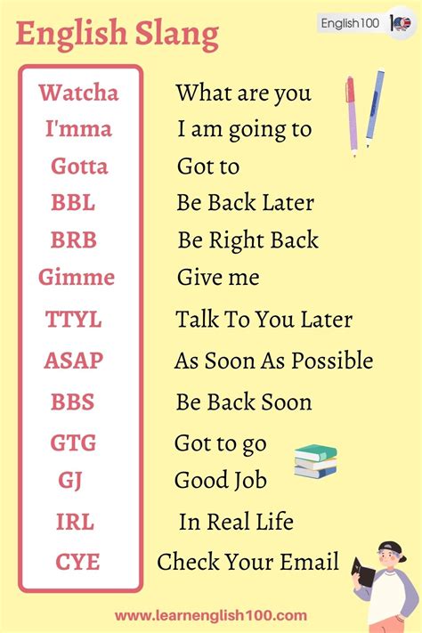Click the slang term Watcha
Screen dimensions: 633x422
[78, 92]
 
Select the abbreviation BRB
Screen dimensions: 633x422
[74, 240]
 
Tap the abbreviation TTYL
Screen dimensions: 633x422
[74, 320]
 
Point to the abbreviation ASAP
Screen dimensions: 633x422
[74, 361]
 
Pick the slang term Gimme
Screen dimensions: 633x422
[77, 278]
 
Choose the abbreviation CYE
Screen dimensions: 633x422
[77, 562]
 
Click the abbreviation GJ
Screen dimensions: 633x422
[70, 481]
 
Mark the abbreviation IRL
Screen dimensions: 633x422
[76, 522]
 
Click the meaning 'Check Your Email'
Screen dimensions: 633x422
[248, 562]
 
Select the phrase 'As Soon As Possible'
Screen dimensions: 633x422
[273, 361]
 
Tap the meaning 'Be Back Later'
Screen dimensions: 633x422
[245, 203]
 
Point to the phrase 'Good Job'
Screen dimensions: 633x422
[220, 481]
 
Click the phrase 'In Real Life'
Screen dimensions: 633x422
[236, 522]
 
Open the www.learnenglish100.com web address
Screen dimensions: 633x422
[211, 615]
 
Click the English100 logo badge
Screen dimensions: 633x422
[365, 24]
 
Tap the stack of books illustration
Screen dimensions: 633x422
[315, 460]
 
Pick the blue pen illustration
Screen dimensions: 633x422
[375, 107]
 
